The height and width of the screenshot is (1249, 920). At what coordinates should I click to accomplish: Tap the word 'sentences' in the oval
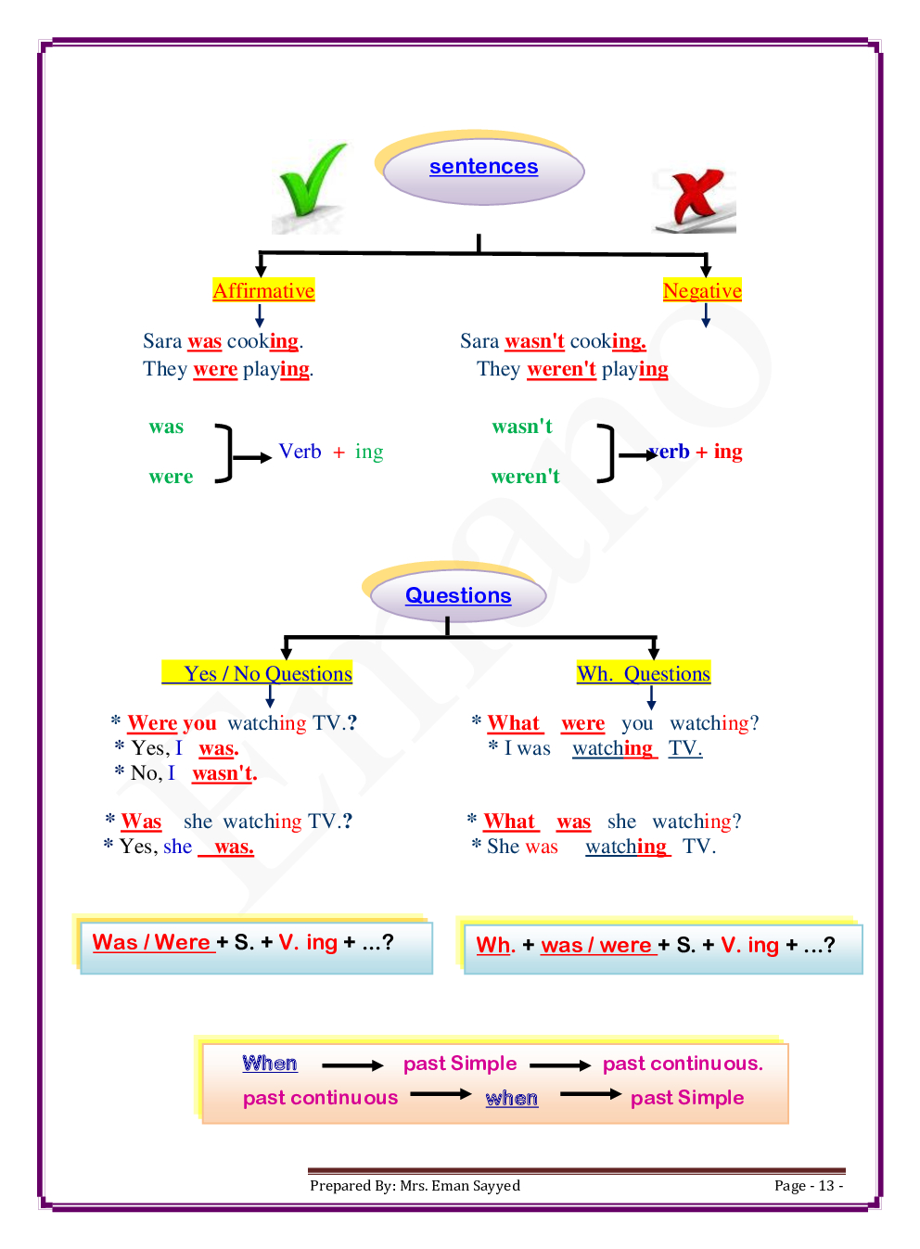(483, 167)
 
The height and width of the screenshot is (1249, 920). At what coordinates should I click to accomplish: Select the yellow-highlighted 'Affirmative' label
(263, 291)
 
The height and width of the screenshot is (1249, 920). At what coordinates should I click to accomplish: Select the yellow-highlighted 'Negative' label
(702, 291)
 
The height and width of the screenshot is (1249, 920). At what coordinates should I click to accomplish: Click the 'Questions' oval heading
(458, 595)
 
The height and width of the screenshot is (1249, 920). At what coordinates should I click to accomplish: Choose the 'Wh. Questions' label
(644, 674)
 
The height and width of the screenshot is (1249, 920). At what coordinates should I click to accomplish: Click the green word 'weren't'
(525, 477)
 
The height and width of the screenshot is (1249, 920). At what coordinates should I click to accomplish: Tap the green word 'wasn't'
(522, 427)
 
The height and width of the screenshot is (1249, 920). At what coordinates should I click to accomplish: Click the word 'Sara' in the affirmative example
(162, 341)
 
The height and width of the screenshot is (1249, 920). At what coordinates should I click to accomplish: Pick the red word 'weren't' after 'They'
(561, 369)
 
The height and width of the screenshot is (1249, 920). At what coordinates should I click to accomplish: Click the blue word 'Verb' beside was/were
(300, 452)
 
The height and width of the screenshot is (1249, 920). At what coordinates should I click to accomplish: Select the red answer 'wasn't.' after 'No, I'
(224, 773)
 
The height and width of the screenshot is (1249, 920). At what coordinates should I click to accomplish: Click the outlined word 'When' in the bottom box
(270, 1064)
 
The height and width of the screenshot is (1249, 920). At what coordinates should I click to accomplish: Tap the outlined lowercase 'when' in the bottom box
(511, 1099)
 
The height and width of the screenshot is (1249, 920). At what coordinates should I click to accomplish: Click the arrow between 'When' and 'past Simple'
(352, 1066)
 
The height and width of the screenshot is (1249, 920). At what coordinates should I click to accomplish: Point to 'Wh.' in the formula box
(494, 945)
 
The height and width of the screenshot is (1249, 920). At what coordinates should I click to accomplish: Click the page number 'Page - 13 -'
(808, 1186)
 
